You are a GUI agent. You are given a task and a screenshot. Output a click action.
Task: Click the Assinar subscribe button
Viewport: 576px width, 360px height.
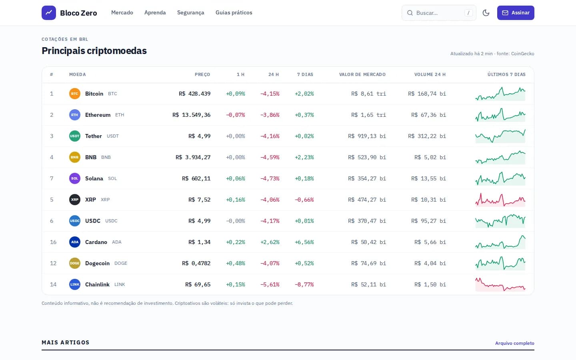pos(516,13)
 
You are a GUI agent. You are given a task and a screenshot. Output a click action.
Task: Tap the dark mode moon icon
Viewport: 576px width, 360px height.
pos(486,13)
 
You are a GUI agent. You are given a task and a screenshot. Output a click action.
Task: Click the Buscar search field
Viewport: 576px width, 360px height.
pos(439,13)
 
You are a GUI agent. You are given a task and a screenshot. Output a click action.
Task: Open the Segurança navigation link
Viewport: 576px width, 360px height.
pos(190,13)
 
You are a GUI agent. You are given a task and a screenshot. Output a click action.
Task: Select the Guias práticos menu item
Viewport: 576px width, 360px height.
pos(234,13)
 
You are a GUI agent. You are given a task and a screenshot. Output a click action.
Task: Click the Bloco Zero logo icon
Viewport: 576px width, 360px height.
pos(49,13)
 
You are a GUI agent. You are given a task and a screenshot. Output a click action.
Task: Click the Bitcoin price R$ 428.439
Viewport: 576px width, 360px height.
pos(194,94)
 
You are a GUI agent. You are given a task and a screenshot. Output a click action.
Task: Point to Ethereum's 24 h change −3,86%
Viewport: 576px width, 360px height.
pos(270,115)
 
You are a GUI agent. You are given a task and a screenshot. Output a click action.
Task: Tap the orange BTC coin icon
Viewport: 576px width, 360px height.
pos(74,94)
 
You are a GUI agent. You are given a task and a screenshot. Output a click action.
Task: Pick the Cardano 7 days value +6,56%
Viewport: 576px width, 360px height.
pos(304,242)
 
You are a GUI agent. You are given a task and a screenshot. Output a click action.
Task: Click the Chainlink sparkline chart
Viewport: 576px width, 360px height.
pos(500,284)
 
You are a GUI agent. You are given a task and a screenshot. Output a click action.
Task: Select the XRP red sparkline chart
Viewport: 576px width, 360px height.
pos(500,200)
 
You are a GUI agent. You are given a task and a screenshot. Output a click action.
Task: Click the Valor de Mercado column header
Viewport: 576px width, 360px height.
pos(362,74)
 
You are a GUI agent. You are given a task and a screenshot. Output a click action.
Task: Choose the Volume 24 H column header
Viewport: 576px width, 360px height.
pos(430,74)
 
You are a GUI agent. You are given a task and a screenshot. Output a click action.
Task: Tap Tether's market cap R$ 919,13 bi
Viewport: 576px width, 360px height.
pos(367,136)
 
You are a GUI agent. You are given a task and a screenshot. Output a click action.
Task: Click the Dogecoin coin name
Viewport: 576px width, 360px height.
pos(97,263)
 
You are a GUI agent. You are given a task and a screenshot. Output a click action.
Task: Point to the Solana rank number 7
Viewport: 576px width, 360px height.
pos(52,178)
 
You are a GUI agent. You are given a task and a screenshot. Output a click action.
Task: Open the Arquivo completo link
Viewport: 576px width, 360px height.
pos(514,343)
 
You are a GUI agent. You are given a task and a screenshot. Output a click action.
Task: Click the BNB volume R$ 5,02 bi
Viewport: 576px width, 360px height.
pos(430,157)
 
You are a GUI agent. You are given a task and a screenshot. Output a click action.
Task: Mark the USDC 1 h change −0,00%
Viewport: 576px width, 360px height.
pos(236,221)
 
